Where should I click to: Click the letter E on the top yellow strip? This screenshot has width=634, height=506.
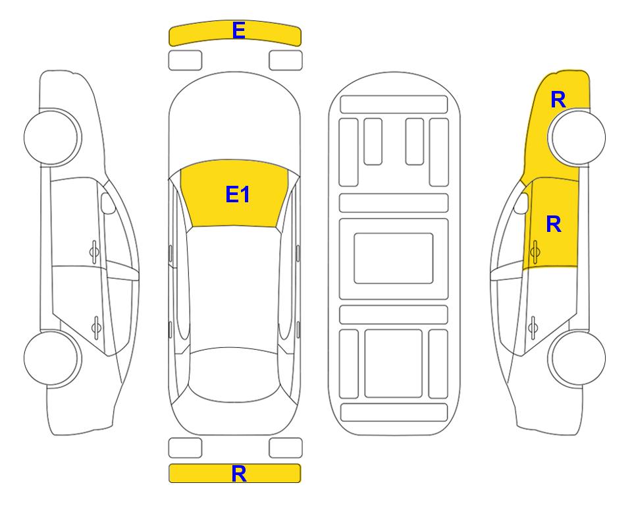(238, 30)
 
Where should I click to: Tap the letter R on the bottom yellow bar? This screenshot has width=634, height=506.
(238, 473)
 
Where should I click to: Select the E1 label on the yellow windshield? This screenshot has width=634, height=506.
(238, 194)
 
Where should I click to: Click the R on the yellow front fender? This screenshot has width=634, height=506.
(558, 99)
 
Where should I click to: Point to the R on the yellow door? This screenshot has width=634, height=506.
(554, 224)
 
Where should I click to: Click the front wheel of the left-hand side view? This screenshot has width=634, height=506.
(52, 137)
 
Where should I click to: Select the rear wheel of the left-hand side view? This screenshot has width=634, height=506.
(52, 358)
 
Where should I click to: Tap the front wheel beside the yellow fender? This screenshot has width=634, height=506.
(577, 137)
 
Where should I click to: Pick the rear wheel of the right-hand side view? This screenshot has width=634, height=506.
(577, 358)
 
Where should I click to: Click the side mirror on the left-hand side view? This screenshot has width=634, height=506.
(107, 203)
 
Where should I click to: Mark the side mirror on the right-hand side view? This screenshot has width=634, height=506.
(521, 203)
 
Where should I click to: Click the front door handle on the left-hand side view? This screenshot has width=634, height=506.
(94, 252)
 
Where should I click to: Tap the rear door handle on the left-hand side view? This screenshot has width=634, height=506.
(96, 327)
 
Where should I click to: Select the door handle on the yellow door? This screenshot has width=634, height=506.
(535, 252)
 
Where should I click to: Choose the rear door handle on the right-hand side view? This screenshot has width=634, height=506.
(533, 327)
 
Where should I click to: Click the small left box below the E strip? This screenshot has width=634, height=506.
(185, 61)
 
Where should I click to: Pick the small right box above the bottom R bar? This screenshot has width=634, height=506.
(286, 448)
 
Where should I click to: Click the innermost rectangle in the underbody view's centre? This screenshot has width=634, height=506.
(394, 258)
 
